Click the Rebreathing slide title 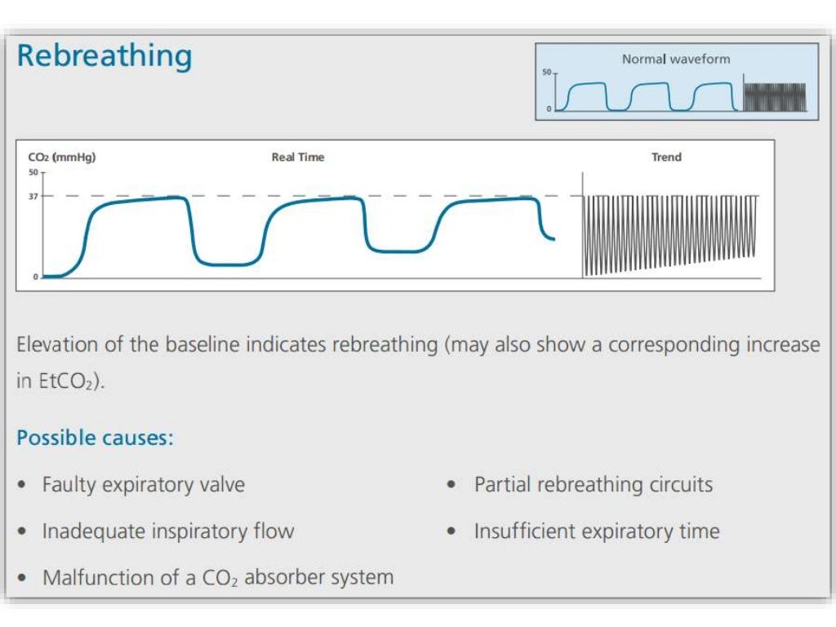pyautogui.click(x=104, y=57)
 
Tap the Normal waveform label pyautogui.click(x=676, y=59)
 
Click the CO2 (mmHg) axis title pyautogui.click(x=62, y=158)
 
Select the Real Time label pyautogui.click(x=298, y=158)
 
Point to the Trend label pyautogui.click(x=666, y=158)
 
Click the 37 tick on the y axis pyautogui.click(x=33, y=196)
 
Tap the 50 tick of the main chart pyautogui.click(x=33, y=172)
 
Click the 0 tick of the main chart pyautogui.click(x=35, y=277)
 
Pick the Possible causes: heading pyautogui.click(x=96, y=438)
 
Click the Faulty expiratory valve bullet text pyautogui.click(x=144, y=485)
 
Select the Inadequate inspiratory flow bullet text pyautogui.click(x=168, y=531)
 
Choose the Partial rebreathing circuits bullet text pyautogui.click(x=594, y=485)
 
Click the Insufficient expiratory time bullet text pyautogui.click(x=597, y=531)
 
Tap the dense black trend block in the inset pyautogui.click(x=775, y=96)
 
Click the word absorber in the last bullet pyautogui.click(x=283, y=578)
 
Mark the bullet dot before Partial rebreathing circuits pyautogui.click(x=451, y=485)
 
